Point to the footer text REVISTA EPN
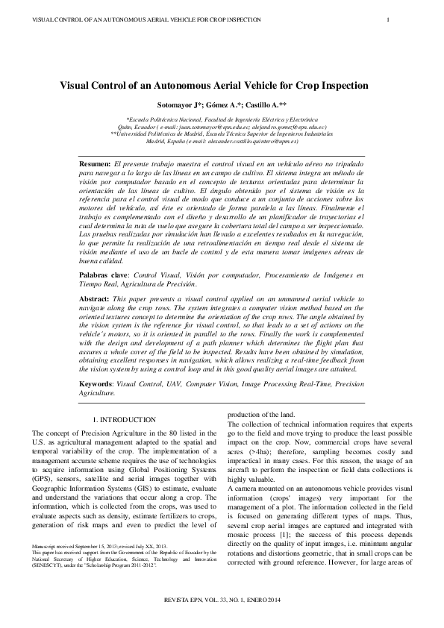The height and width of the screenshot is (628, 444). coord(192,600)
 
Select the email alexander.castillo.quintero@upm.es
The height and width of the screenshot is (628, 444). coord(244,140)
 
